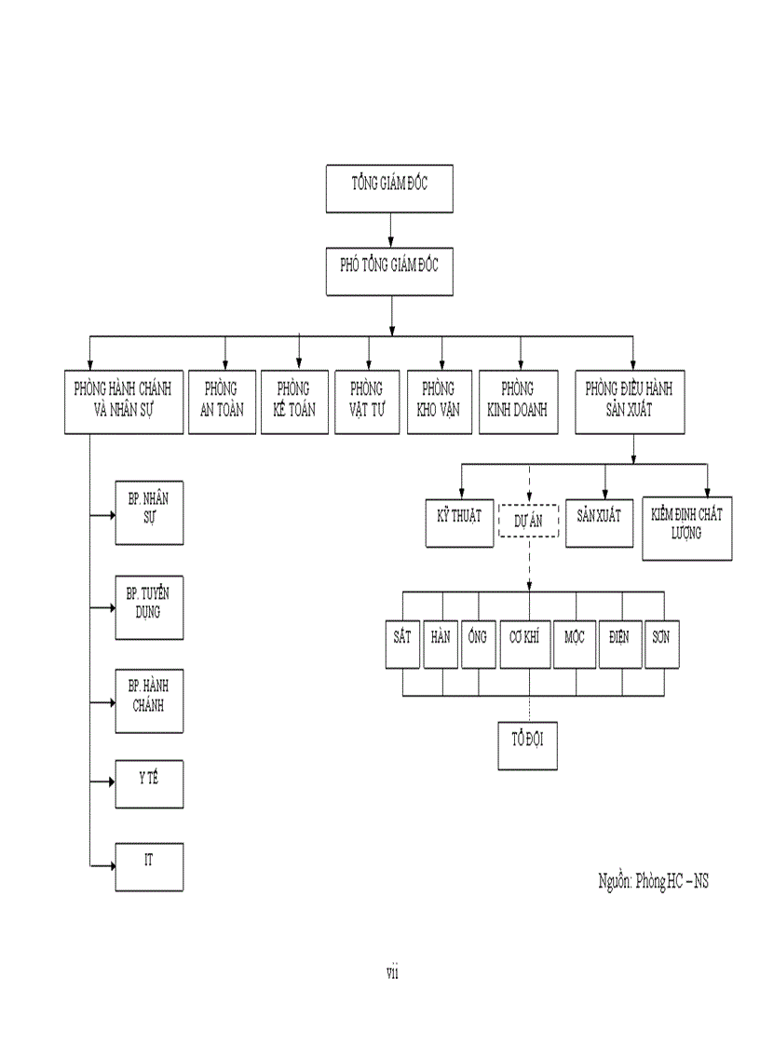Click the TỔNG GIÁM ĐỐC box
(389, 189)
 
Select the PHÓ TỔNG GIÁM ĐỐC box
(389, 271)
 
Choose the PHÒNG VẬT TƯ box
(367, 401)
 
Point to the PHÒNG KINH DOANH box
(518, 401)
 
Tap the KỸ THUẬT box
(459, 522)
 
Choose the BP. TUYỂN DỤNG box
(149, 607)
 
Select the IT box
(149, 866)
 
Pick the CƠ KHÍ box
(525, 643)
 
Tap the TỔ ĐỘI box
(527, 744)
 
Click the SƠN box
(661, 643)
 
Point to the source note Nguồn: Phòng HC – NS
(652, 880)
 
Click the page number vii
(392, 973)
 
